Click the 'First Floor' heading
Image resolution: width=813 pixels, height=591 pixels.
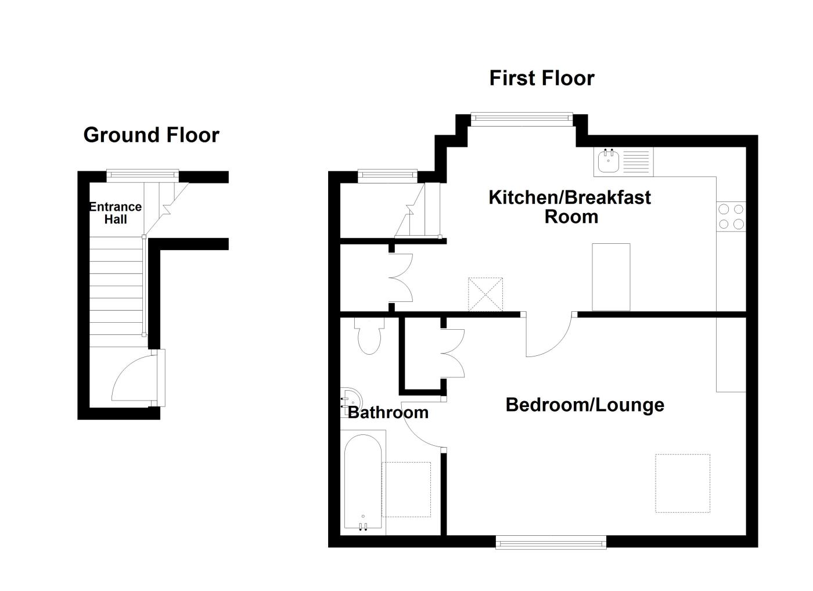click(x=541, y=78)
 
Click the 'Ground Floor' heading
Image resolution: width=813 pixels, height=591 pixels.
click(x=151, y=135)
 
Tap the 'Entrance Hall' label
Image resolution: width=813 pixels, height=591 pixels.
click(x=115, y=212)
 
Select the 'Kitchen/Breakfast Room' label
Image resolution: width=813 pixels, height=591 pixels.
click(x=570, y=206)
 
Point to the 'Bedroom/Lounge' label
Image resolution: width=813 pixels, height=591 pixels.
click(x=584, y=404)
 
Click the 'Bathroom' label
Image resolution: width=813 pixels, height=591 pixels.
click(x=388, y=412)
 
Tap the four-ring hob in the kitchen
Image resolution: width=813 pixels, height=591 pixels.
click(x=731, y=217)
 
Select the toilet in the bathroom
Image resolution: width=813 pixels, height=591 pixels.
click(x=369, y=337)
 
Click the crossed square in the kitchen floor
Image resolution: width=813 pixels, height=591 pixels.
click(x=485, y=294)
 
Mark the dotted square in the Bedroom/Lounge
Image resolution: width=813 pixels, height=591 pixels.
click(x=682, y=483)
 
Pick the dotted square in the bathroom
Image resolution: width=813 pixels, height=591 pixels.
click(x=406, y=489)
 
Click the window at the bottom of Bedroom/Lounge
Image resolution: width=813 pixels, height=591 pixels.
click(x=551, y=543)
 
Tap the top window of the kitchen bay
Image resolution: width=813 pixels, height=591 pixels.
click(x=521, y=118)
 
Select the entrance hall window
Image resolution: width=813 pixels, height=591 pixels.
click(x=142, y=173)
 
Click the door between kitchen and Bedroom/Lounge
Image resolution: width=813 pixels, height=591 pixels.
click(x=549, y=337)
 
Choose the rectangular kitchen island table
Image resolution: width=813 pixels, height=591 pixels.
click(x=611, y=277)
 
